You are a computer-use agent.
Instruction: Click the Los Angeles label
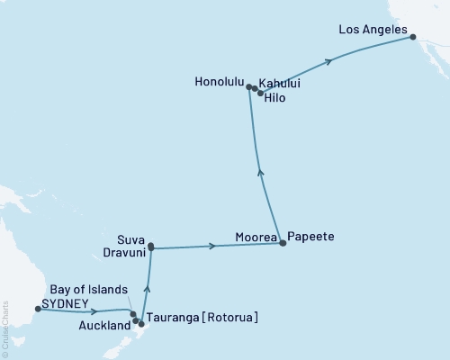pyautogui.click(x=371, y=29)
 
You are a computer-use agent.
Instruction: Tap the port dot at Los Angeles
pyautogui.click(x=413, y=37)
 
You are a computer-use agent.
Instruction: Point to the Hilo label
pyautogui.click(x=279, y=97)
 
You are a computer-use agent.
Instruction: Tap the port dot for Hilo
pyautogui.click(x=261, y=93)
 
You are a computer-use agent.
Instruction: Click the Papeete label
pyautogui.click(x=311, y=237)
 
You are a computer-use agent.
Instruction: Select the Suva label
pyautogui.click(x=131, y=239)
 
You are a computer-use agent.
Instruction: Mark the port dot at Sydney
pyautogui.click(x=37, y=309)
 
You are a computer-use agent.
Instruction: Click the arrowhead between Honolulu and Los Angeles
pyautogui.click(x=329, y=61)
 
